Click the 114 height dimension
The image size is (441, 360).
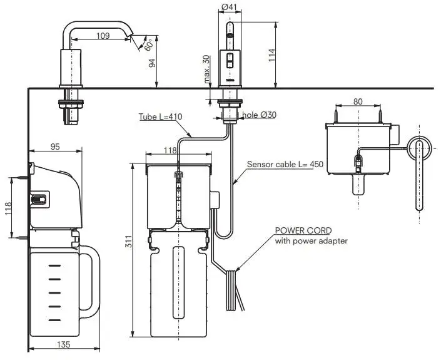click(271, 56)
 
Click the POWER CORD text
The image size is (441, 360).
click(303, 230)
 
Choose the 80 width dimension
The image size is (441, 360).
click(358, 101)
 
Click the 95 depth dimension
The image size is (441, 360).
click(55, 147)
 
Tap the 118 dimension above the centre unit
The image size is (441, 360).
click(170, 150)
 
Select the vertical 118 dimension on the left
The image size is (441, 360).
click(8, 207)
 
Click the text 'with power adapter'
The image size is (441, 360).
click(312, 240)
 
